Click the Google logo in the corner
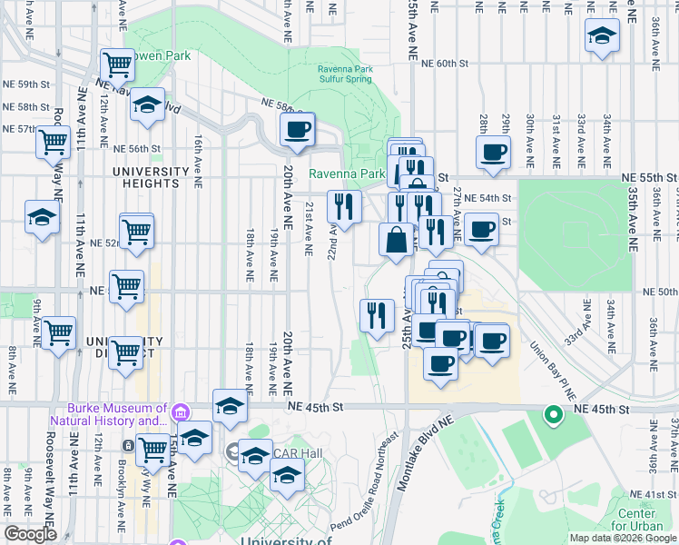[x=30, y=534]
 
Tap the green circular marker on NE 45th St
[x=552, y=416]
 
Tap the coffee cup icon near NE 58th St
[x=296, y=129]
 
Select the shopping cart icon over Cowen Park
[x=117, y=64]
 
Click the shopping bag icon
[x=397, y=241]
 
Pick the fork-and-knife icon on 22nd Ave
[x=344, y=206]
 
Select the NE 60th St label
[x=444, y=64]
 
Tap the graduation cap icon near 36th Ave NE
[x=602, y=36]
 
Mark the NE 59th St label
[x=26, y=84]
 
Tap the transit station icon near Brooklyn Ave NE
[x=129, y=447]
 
